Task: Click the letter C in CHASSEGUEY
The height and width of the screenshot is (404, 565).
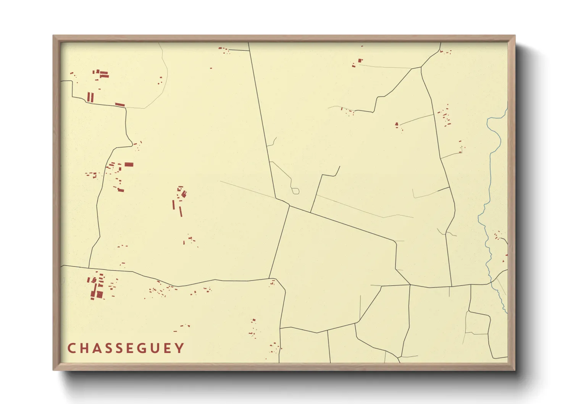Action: click(71, 348)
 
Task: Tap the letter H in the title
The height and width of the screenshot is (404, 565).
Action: click(84, 348)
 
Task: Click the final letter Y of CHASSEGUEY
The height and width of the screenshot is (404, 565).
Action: click(180, 348)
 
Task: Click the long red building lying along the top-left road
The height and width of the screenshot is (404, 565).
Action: click(120, 104)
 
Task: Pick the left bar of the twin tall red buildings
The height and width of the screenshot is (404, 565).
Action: click(89, 97)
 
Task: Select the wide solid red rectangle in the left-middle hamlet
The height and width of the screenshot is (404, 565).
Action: click(129, 165)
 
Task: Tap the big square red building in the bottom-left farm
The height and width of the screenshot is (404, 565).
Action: click(100, 294)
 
